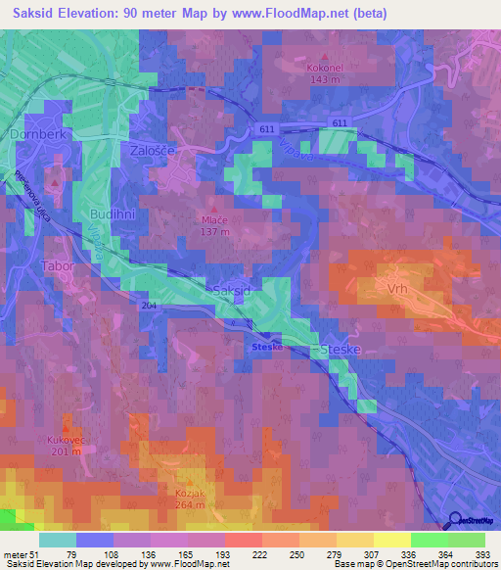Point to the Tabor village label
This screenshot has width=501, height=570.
56,264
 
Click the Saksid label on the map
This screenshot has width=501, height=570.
232,291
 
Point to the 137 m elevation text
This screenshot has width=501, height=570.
215,232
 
